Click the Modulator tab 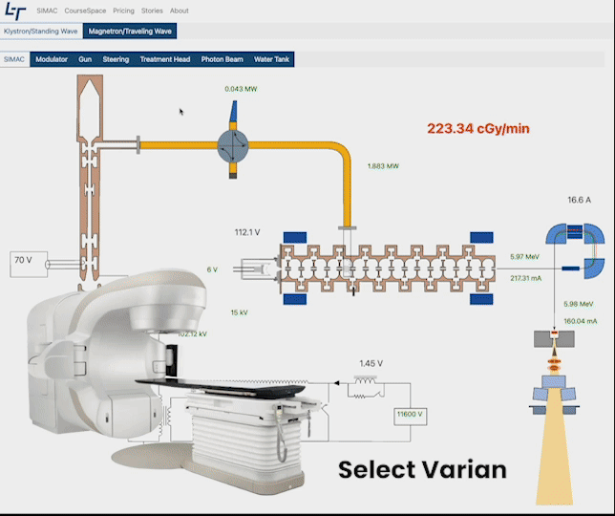[x=52, y=59]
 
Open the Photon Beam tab [x=222, y=59]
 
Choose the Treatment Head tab [x=165, y=59]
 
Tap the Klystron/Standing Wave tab [x=40, y=31]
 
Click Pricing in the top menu [x=123, y=11]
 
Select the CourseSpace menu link [x=85, y=11]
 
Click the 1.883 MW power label [x=383, y=165]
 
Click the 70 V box [x=23, y=260]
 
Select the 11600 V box [x=412, y=415]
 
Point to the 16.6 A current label [x=580, y=201]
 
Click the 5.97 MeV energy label [x=525, y=257]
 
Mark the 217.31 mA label [x=526, y=278]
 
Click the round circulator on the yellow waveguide [x=233, y=145]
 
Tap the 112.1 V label [x=247, y=232]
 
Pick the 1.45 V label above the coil [x=371, y=363]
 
